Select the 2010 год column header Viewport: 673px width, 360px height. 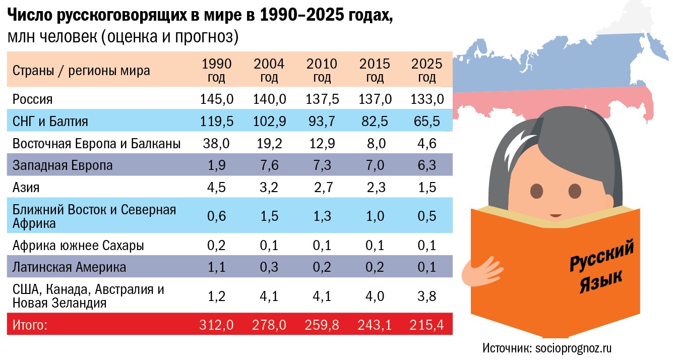click(x=322, y=71)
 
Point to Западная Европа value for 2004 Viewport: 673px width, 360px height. click(x=269, y=165)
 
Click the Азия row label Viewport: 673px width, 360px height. click(x=26, y=188)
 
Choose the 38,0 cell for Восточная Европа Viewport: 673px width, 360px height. click(x=217, y=144)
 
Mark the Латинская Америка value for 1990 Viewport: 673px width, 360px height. click(x=217, y=267)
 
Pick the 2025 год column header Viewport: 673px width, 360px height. click(x=427, y=71)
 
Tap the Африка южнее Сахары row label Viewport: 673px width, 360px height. click(x=78, y=246)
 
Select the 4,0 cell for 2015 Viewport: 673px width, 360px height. click(x=375, y=296)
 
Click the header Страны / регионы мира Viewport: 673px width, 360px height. click(x=81, y=71)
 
